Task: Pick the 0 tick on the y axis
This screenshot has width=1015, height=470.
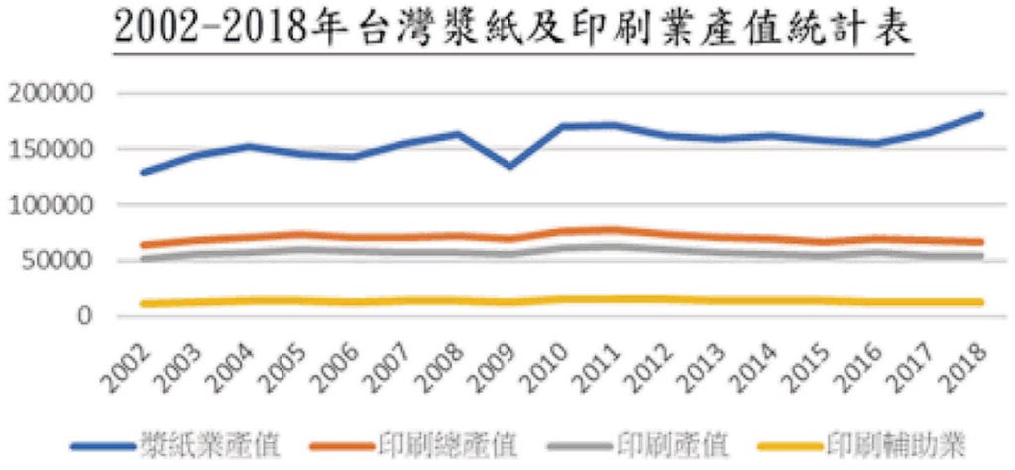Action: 86,316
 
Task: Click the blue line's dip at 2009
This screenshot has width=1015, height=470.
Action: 509,166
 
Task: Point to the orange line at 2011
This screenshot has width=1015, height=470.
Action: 614,230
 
